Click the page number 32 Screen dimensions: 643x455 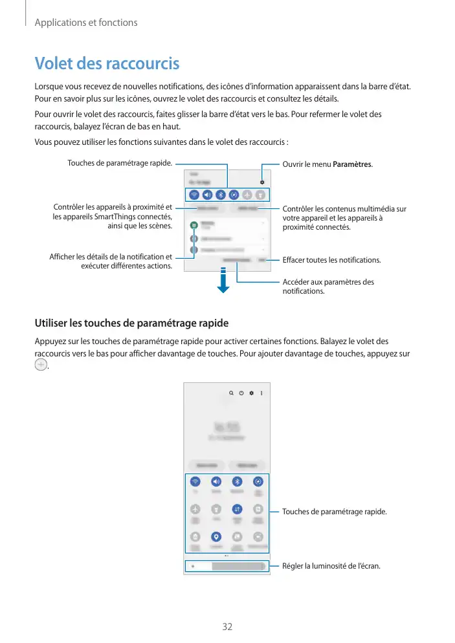pyautogui.click(x=227, y=626)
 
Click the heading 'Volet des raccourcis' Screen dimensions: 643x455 pyautogui.click(x=107, y=64)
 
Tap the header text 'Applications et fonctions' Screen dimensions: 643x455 pyautogui.click(x=85, y=23)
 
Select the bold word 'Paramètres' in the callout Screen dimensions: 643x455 pyautogui.click(x=353, y=164)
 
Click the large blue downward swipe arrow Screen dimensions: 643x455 pyautogui.click(x=223, y=281)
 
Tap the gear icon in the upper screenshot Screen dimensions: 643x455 pyautogui.click(x=262, y=182)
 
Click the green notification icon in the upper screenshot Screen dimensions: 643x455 pyautogui.click(x=194, y=225)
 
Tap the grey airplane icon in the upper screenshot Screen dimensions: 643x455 pyautogui.click(x=246, y=194)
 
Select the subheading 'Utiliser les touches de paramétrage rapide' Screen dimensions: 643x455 pyautogui.click(x=131, y=322)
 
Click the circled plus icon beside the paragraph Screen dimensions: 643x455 pyautogui.click(x=41, y=365)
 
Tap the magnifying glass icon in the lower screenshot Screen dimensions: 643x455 pyautogui.click(x=230, y=393)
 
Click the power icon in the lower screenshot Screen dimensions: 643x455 pyautogui.click(x=241, y=393)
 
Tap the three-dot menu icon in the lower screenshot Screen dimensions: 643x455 pyautogui.click(x=261, y=393)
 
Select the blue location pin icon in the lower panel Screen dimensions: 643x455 pyautogui.click(x=216, y=536)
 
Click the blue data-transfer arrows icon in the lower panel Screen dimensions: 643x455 pyautogui.click(x=238, y=509)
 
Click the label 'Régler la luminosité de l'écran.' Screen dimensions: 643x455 pyautogui.click(x=331, y=566)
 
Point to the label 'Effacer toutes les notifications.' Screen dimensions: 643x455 pyautogui.click(x=332, y=260)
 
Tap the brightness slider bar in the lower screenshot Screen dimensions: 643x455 pyautogui.click(x=227, y=566)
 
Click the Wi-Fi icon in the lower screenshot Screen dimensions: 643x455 pyautogui.click(x=195, y=481)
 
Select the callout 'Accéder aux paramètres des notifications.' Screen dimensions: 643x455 pyautogui.click(x=328, y=287)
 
